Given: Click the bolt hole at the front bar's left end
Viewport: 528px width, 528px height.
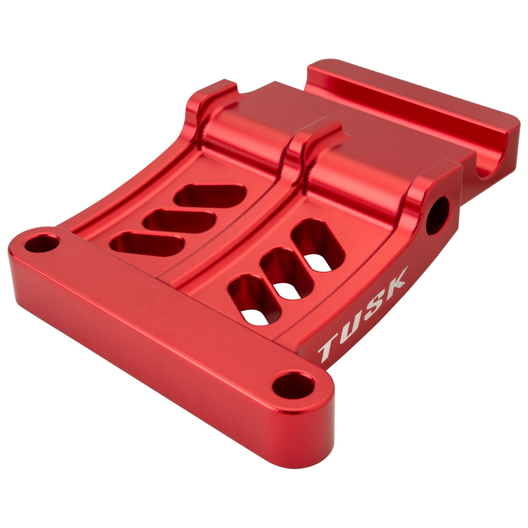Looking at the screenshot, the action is tap(42, 244).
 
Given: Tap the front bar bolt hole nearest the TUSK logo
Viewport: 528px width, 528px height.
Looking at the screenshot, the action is tap(294, 385).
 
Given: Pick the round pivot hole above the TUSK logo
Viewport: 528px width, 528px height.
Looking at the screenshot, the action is tap(438, 216).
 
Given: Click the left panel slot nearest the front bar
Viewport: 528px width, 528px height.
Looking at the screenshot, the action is tap(147, 244).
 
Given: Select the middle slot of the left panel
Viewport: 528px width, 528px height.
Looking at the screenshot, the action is tap(179, 221).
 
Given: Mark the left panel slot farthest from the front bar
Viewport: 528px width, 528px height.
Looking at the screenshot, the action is tap(210, 196).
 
